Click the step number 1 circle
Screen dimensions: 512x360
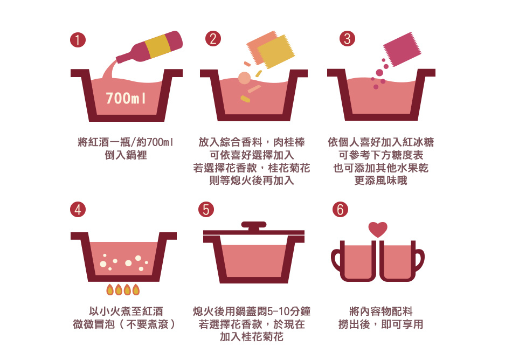pos(78,40)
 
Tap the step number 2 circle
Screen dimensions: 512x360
pos(213,39)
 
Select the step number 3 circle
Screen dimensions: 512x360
pos(347,39)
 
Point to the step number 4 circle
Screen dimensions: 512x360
pos(78,209)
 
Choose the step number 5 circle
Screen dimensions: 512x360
pos(206,209)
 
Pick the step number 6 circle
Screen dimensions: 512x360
pos(340,209)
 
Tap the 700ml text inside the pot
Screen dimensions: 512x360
pos(126,98)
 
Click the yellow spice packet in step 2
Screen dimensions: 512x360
pos(276,52)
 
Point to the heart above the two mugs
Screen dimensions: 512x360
pos(378,229)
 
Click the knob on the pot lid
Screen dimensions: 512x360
pos(254,226)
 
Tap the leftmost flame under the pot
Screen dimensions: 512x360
pos(110,289)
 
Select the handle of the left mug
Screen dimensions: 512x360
pos(336,260)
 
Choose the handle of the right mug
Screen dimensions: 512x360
pos(420,260)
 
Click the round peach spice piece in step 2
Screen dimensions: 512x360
pos(244,78)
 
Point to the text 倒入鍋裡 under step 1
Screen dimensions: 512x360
pos(126,155)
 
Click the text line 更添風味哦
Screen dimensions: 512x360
pos(380,181)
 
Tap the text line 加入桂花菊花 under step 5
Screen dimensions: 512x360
pos(252,336)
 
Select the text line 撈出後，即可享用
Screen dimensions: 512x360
pos(380,324)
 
